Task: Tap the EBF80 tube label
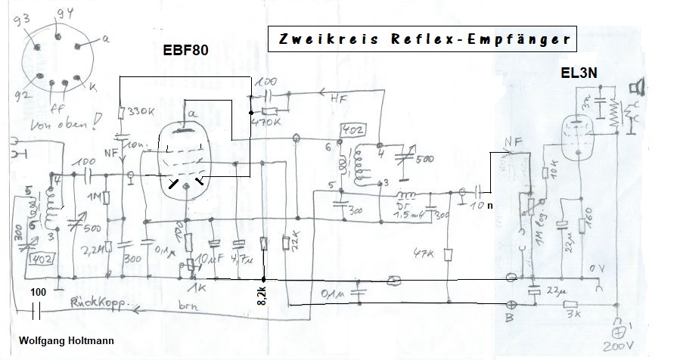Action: coord(186,51)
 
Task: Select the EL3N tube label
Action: coord(580,75)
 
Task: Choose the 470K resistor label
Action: coord(268,118)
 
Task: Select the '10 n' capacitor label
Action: coord(489,204)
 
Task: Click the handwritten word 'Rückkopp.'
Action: coord(97,302)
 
